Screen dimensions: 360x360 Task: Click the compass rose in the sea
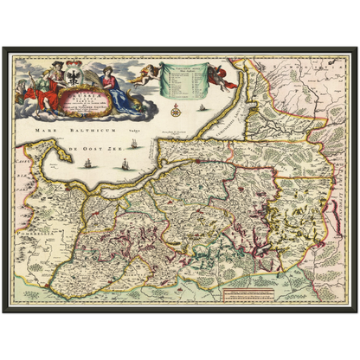coord(175,111)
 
